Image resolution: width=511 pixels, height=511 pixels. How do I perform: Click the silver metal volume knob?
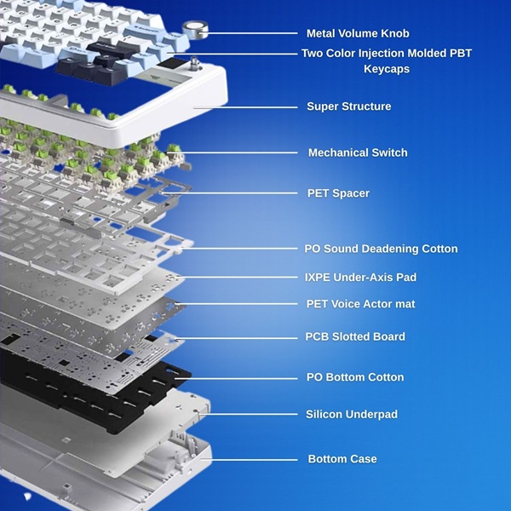pyautogui.click(x=195, y=31)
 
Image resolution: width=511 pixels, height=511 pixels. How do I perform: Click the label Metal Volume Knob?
pyautogui.click(x=358, y=33)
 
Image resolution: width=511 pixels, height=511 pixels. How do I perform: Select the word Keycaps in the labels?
pyautogui.click(x=387, y=69)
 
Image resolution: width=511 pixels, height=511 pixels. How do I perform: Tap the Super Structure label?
pyautogui.click(x=348, y=106)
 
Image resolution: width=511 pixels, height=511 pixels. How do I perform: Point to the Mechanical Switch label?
pyautogui.click(x=358, y=152)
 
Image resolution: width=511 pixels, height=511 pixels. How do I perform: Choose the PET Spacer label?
pyautogui.click(x=338, y=193)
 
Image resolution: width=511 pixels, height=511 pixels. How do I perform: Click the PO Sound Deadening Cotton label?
pyautogui.click(x=381, y=249)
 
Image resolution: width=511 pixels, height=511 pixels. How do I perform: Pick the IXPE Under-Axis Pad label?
pyautogui.click(x=360, y=278)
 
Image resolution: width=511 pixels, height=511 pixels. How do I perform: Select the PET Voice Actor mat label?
pyautogui.click(x=360, y=304)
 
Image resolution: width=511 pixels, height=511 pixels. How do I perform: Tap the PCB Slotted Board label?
pyautogui.click(x=355, y=336)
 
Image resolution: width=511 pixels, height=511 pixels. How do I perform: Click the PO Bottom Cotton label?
pyautogui.click(x=355, y=377)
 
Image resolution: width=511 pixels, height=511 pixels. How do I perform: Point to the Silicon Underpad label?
pyautogui.click(x=351, y=414)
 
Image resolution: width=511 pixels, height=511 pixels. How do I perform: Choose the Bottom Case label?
pyautogui.click(x=342, y=459)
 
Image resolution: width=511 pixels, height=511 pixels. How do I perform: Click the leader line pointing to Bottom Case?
pyautogui.click(x=249, y=460)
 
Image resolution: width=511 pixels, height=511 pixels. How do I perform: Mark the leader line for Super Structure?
pyautogui.click(x=246, y=107)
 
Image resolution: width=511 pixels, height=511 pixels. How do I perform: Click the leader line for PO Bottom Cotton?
pyautogui.click(x=236, y=378)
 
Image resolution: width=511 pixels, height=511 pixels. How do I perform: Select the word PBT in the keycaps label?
pyautogui.click(x=461, y=53)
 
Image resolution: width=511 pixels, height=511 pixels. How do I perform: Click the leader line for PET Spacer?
pyautogui.click(x=230, y=193)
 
